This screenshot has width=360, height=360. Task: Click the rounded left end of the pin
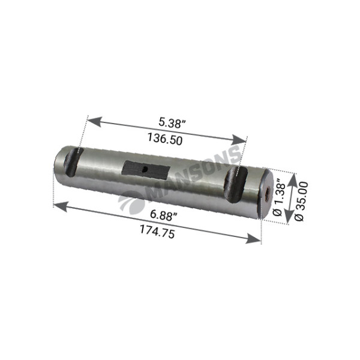pos(58,162)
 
